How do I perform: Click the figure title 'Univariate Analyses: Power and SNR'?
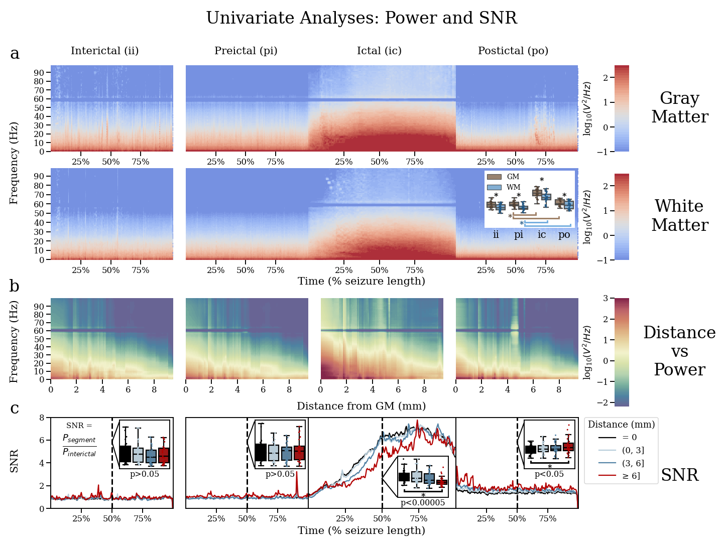point(361,18)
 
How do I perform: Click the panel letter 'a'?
point(15,53)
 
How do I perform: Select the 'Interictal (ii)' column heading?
point(104,51)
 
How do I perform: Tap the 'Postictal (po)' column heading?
point(513,51)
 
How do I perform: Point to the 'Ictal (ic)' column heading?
point(379,51)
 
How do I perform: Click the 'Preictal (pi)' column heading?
point(246,51)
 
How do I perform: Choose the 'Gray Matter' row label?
point(679,107)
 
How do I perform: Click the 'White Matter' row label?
point(679,216)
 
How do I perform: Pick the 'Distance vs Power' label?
point(679,351)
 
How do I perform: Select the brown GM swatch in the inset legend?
point(494,177)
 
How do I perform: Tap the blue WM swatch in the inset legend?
point(494,187)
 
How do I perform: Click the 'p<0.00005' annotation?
point(422,502)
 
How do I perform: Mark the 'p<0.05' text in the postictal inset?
point(549,474)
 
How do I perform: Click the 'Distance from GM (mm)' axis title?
point(361,406)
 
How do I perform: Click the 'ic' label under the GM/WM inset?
point(542,235)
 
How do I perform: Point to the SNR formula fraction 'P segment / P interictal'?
point(79,446)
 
